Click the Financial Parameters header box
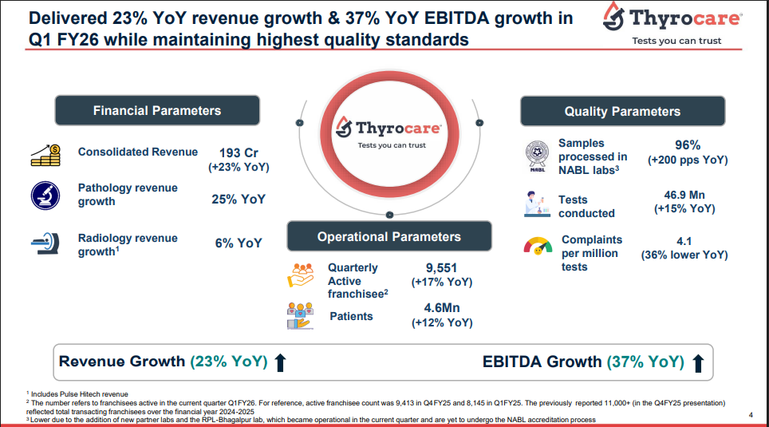[x=156, y=111]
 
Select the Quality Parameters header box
[x=622, y=112]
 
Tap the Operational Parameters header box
[x=388, y=236]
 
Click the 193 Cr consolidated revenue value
[x=239, y=153]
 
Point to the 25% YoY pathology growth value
[x=239, y=200]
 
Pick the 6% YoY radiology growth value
[x=239, y=243]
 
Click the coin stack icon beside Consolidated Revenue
[x=45, y=155]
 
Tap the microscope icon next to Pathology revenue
[x=45, y=195]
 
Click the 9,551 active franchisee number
[x=441, y=268]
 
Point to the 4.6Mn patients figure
[x=441, y=308]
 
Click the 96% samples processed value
[x=687, y=145]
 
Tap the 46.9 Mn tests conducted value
[x=684, y=195]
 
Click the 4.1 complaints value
[x=684, y=240]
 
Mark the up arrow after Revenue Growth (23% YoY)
[x=280, y=363]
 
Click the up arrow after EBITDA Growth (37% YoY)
[x=698, y=363]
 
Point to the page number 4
[x=751, y=414]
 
